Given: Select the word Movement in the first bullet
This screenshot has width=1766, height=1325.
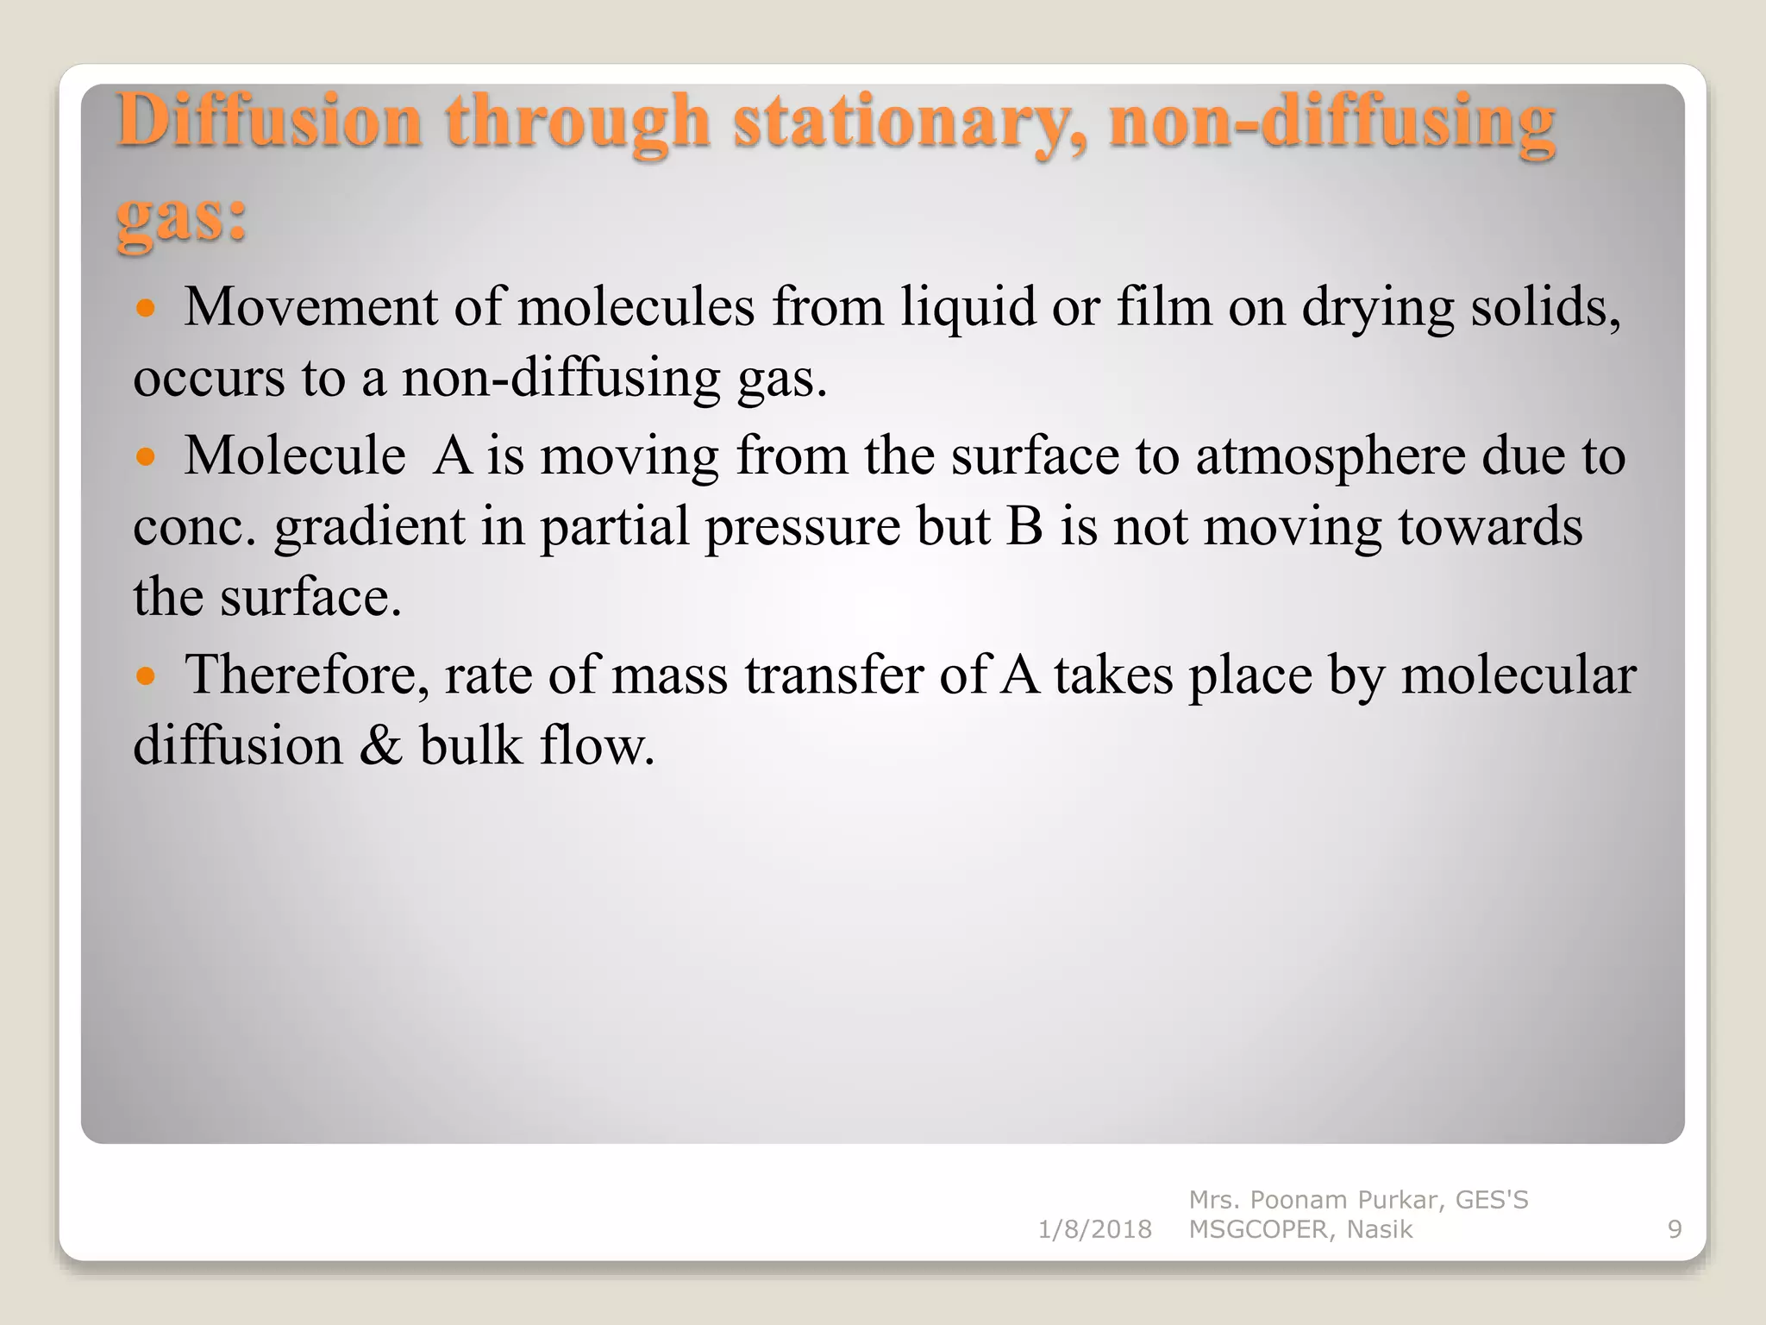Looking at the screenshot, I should click(x=310, y=307).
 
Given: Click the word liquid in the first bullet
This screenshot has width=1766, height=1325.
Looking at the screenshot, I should click(x=968, y=309).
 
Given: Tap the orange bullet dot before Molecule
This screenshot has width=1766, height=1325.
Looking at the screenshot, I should click(x=146, y=456).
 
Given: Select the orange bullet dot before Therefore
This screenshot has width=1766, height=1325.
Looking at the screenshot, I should click(x=146, y=675).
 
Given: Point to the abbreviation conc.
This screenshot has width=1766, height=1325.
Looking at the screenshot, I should click(x=195, y=527).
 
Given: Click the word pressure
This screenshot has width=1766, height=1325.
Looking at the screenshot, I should click(x=803, y=529).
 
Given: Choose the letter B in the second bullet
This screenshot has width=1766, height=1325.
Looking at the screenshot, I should click(x=1024, y=527).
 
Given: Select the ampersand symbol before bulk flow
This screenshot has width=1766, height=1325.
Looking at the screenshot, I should click(x=380, y=746).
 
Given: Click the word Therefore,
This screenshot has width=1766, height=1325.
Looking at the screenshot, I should click(x=307, y=675).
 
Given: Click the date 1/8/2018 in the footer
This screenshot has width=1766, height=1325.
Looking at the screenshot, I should click(x=1094, y=1229).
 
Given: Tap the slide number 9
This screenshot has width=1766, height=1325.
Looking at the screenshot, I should click(x=1675, y=1229).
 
